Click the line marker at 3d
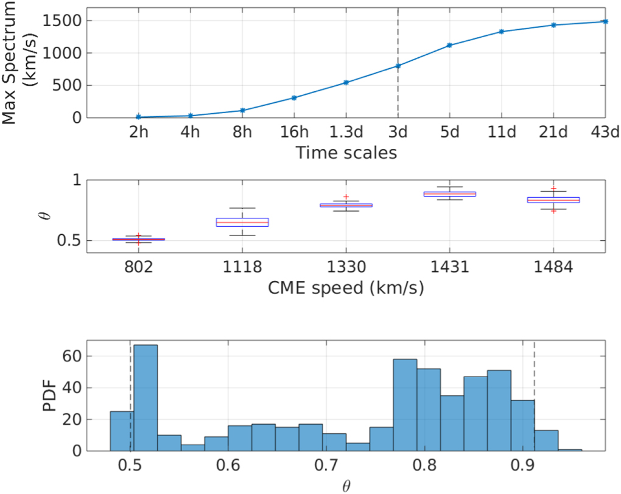pyautogui.click(x=398, y=66)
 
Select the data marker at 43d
pyautogui.click(x=605, y=21)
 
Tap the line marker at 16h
pyautogui.click(x=294, y=98)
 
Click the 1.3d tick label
pyautogui.click(x=346, y=133)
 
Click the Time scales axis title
pyautogui.click(x=346, y=153)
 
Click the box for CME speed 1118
pyautogui.click(x=242, y=222)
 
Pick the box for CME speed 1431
pyautogui.click(x=449, y=194)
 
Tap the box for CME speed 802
pyautogui.click(x=139, y=239)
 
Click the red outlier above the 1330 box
pyautogui.click(x=346, y=197)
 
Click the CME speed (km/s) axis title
pyautogui.click(x=346, y=287)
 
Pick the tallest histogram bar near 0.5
pyautogui.click(x=146, y=398)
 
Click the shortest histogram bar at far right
pyautogui.click(x=570, y=450)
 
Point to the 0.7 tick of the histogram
pyautogui.click(x=326, y=466)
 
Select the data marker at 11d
pyautogui.click(x=501, y=32)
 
